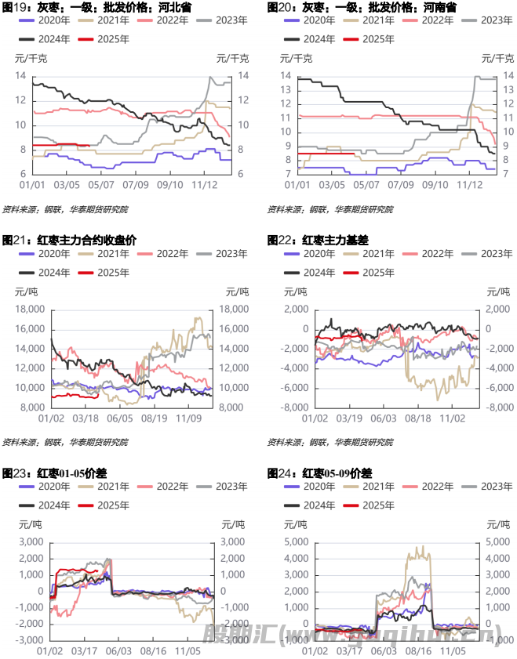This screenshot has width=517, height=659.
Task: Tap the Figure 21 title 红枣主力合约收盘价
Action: tap(70, 241)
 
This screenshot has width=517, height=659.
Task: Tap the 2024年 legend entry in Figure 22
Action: tap(311, 272)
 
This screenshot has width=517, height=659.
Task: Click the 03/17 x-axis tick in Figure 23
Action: tap(96, 650)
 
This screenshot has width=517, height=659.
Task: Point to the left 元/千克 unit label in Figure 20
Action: tap(297, 59)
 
